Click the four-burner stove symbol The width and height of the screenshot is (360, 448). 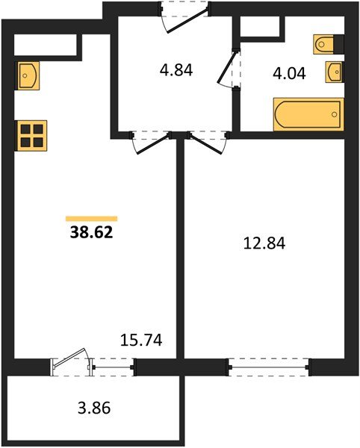(31, 136)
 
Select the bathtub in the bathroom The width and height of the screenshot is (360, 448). (308, 113)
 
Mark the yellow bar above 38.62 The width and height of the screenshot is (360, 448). (91, 218)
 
